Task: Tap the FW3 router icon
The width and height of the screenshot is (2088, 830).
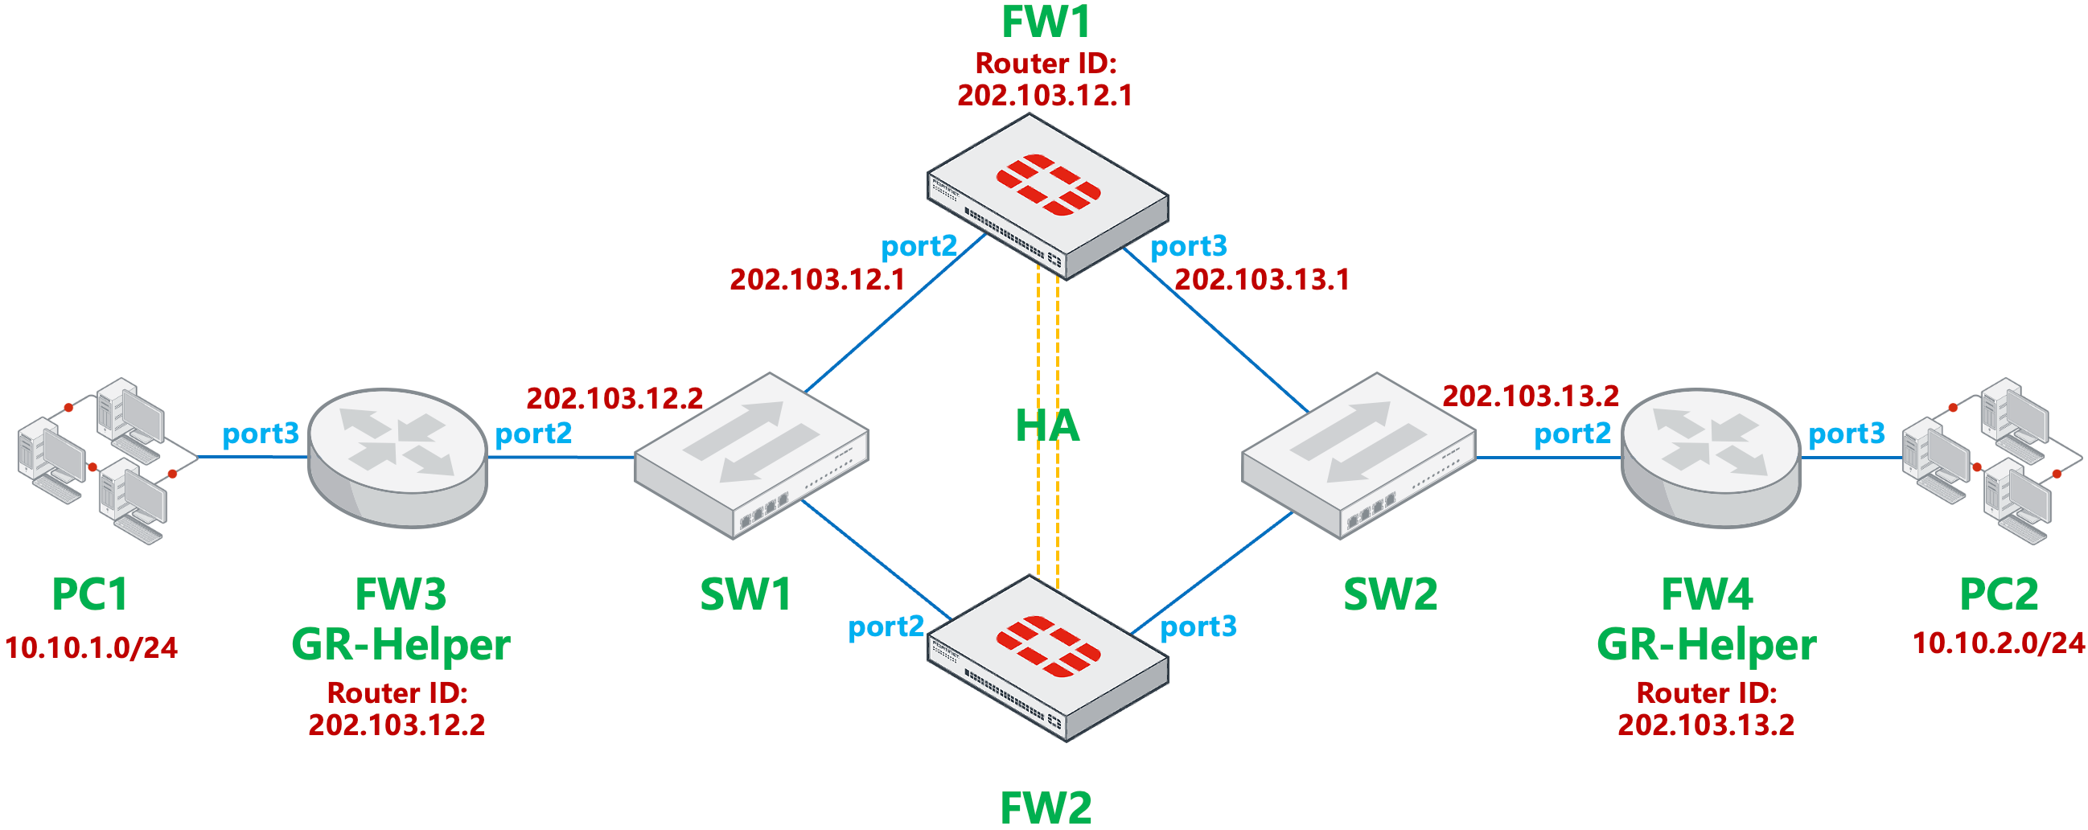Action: (397, 458)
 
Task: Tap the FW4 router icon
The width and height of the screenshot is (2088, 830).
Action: (1710, 458)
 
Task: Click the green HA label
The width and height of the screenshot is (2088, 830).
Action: (1047, 425)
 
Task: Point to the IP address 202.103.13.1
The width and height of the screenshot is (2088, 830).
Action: (1262, 280)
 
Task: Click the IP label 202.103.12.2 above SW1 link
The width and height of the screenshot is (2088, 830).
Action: (614, 398)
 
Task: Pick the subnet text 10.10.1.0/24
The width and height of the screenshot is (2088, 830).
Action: (91, 647)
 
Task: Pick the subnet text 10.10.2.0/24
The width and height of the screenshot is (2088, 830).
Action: (1998, 643)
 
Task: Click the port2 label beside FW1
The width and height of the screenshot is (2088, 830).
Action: (919, 245)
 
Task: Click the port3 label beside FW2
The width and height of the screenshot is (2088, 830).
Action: (1198, 627)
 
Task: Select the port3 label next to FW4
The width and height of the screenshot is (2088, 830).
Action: (1847, 433)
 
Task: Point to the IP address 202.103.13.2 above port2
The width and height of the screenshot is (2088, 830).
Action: (1531, 396)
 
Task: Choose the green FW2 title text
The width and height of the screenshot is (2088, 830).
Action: (1046, 807)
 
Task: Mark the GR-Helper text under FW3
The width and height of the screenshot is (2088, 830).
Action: (401, 645)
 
